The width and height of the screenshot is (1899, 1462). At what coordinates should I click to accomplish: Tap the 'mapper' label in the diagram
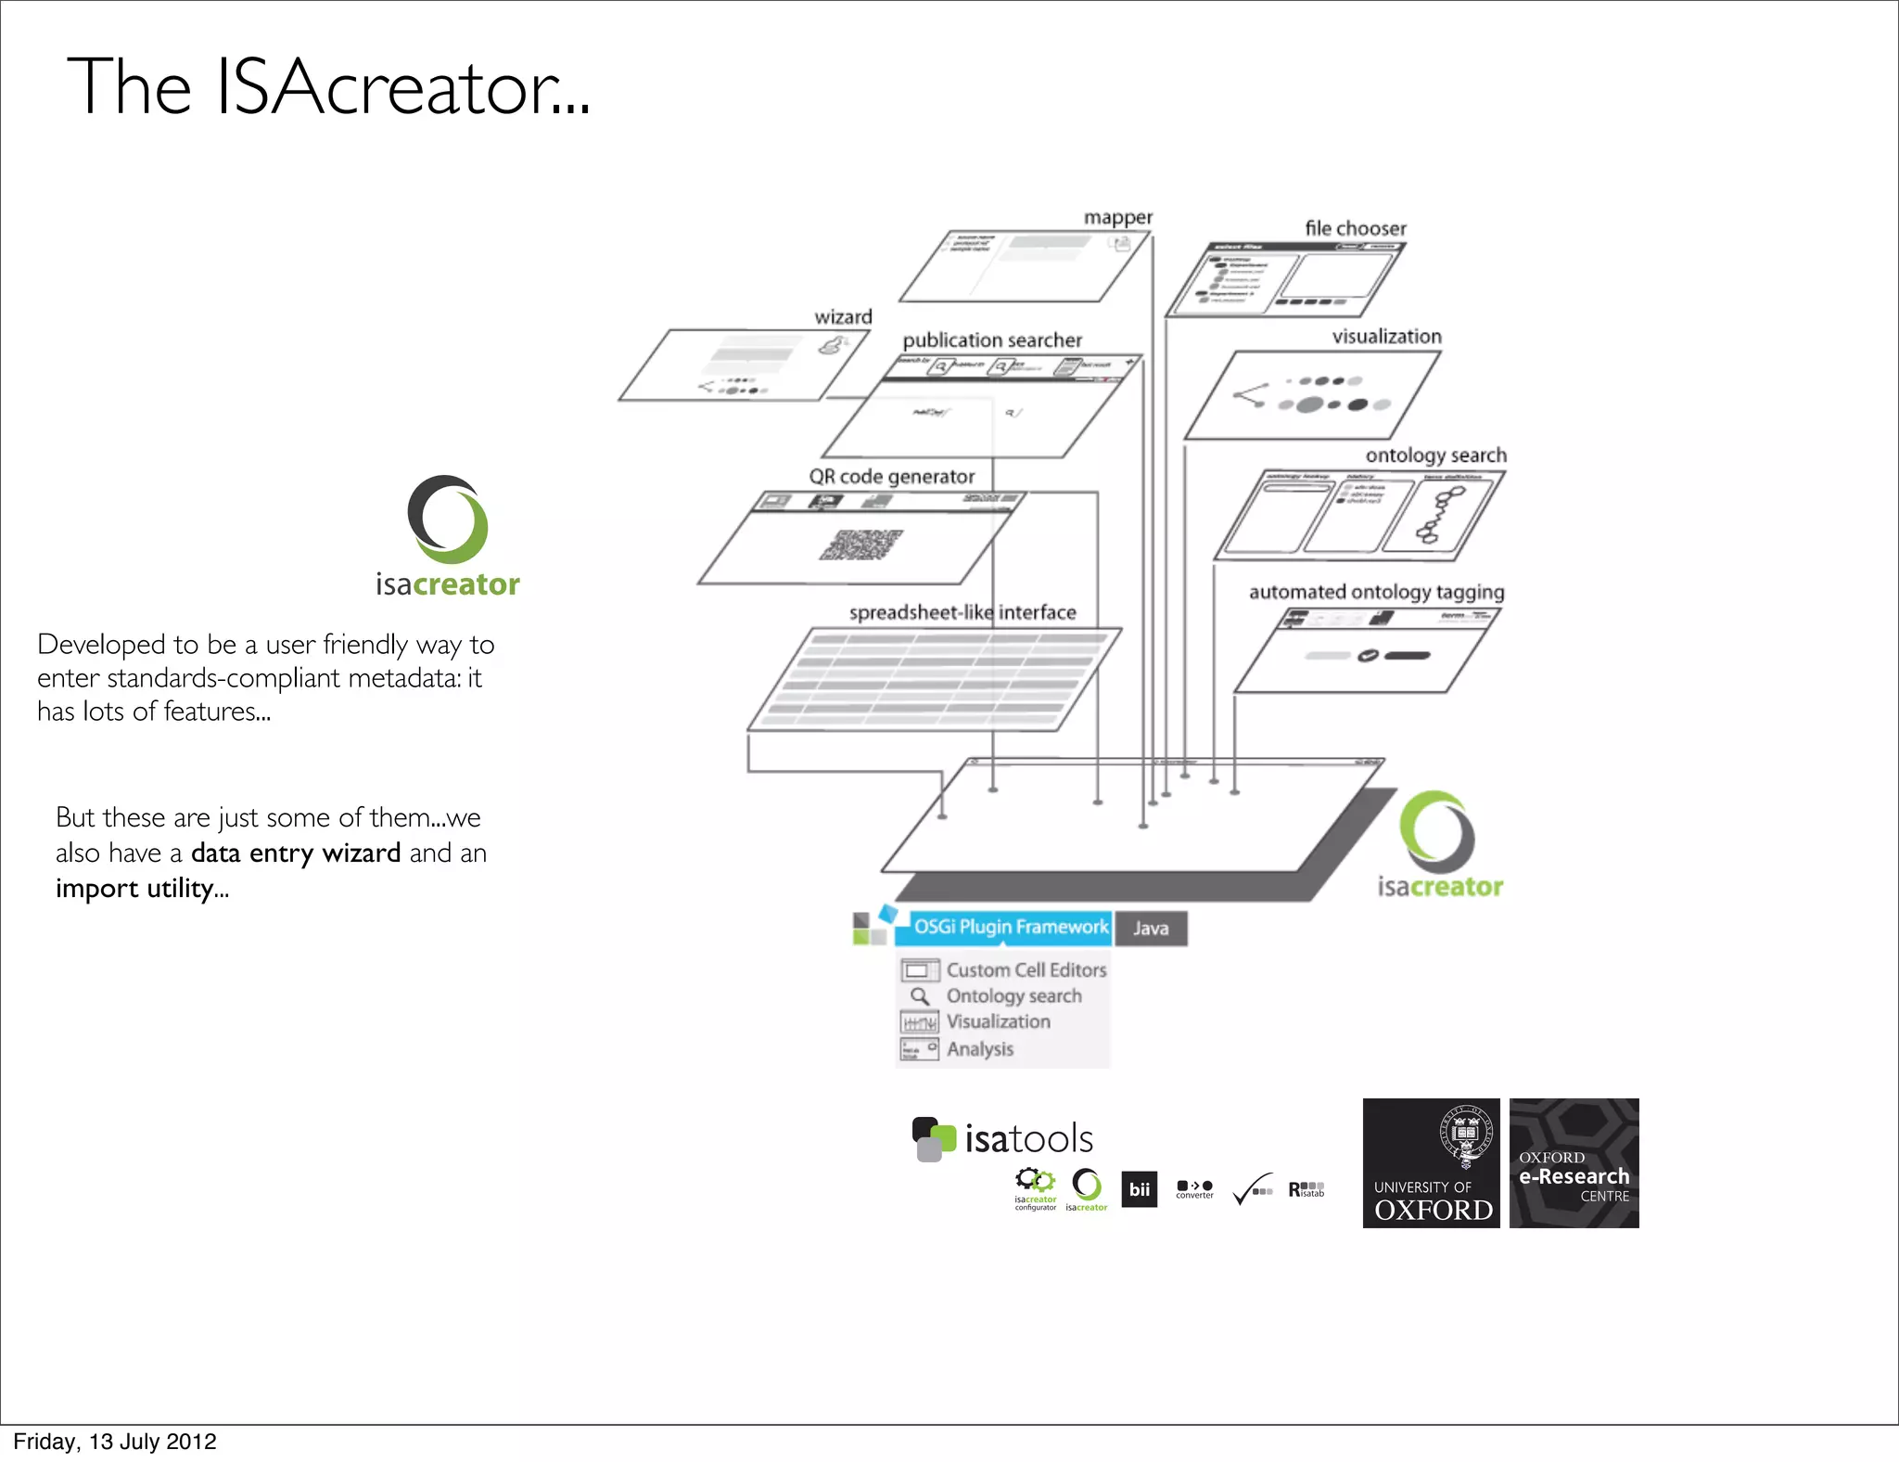1118,217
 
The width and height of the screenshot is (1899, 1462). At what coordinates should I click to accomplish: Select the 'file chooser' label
1355,228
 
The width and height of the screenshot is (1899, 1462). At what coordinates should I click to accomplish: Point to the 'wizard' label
843,317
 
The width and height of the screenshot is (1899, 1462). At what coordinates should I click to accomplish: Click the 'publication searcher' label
992,340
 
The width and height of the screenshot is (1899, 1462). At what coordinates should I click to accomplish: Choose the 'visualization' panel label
1386,337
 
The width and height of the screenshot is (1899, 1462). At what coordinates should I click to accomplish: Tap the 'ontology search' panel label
1435,455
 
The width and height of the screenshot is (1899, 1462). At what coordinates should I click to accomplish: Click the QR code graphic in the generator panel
860,545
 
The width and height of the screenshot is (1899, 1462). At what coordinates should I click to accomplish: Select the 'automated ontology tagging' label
1376,592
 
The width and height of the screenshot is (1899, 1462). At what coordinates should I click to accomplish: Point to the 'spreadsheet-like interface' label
962,612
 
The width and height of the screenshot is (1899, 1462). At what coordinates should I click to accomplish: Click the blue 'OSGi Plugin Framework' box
1010,927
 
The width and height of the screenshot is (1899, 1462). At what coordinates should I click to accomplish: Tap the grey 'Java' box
1151,929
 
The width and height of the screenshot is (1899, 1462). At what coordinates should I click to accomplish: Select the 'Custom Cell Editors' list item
1026,970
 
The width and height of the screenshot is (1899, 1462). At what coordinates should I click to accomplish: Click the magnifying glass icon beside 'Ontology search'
920,996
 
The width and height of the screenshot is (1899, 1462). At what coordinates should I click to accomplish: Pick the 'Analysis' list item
979,1049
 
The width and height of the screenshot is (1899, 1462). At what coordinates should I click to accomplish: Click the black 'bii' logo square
1139,1190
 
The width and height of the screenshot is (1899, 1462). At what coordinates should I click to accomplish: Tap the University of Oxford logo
1431,1163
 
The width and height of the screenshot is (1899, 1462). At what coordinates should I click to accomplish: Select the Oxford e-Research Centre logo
1574,1163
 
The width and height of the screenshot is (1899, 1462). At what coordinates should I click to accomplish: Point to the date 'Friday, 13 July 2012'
115,1442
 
